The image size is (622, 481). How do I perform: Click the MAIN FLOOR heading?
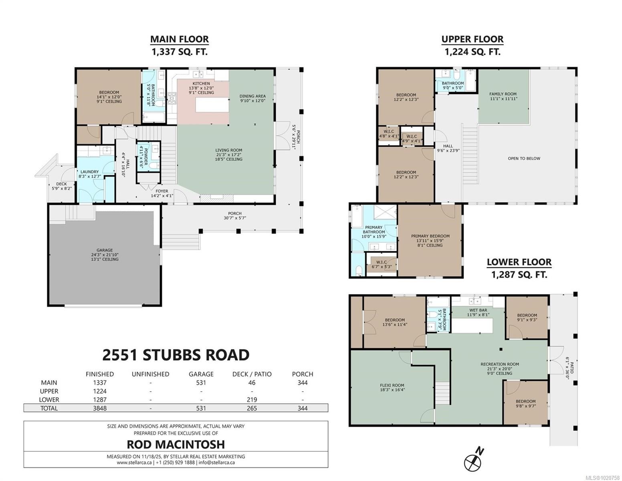click(179, 39)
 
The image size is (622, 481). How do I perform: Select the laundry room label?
click(89, 172)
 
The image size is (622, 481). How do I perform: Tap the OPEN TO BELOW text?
click(524, 158)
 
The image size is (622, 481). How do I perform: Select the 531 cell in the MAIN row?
click(201, 383)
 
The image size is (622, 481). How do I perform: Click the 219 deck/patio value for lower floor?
click(251, 400)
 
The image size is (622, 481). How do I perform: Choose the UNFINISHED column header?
click(150, 374)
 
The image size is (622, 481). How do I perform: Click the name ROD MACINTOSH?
click(176, 444)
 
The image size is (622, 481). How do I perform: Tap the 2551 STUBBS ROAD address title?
click(176, 355)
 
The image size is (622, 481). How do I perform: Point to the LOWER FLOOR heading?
click(519, 262)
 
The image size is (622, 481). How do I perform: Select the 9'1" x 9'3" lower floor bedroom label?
click(527, 317)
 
